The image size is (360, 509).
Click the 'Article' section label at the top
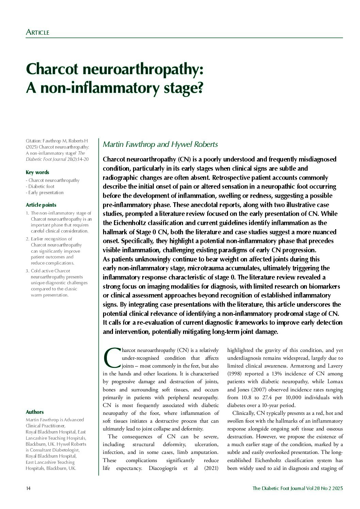[x=37, y=33]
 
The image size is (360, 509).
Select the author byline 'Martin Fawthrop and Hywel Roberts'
[x=160, y=144]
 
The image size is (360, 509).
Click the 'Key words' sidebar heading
[x=37, y=172]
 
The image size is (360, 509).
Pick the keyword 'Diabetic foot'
[x=41, y=186]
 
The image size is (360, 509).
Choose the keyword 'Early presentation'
[x=46, y=192]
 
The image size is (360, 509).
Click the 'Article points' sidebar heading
[x=41, y=205]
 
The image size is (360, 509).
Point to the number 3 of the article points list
[x=27, y=271]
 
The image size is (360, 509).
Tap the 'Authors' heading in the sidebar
[x=35, y=412]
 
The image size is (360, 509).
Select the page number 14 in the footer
[x=28, y=489]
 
